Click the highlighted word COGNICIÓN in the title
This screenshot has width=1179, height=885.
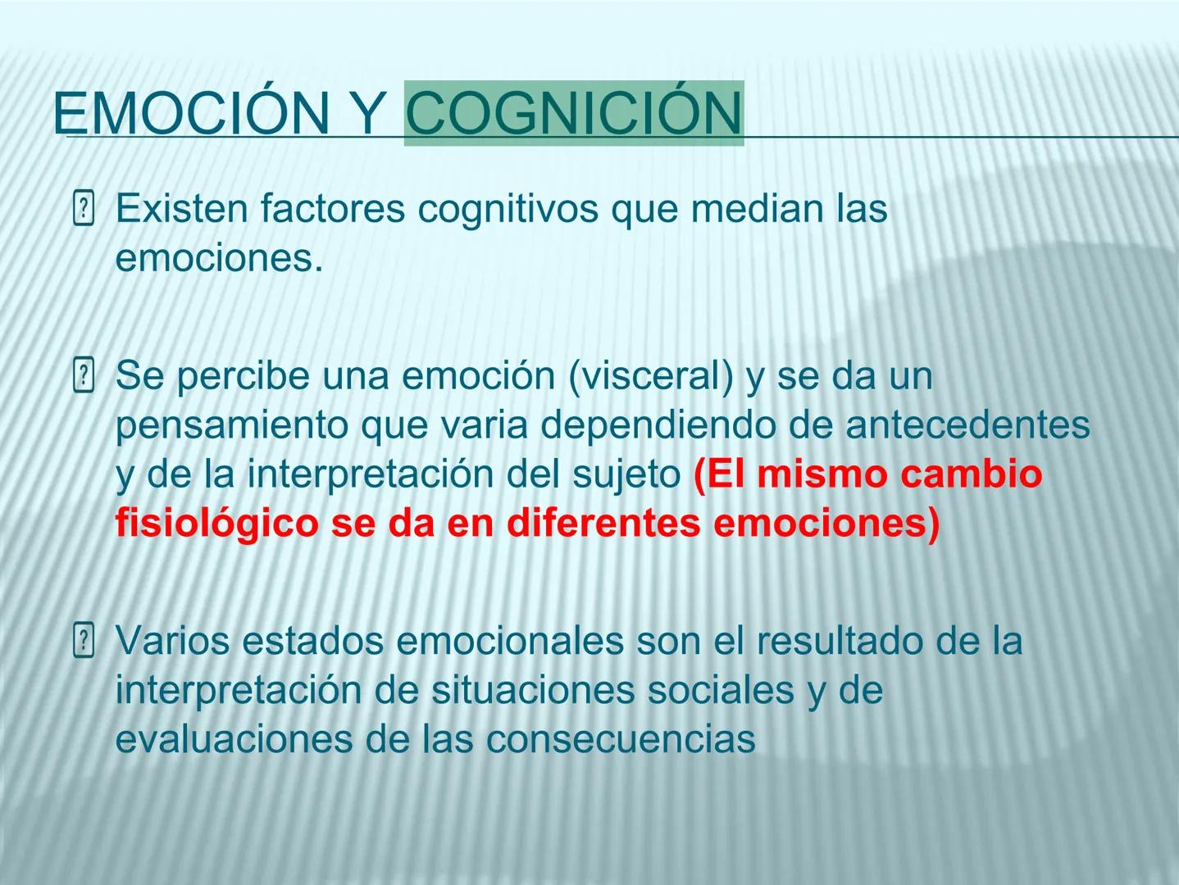point(574,113)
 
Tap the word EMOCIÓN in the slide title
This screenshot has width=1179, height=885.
point(190,113)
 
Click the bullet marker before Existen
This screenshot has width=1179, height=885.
point(84,208)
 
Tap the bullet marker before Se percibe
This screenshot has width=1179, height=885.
point(84,376)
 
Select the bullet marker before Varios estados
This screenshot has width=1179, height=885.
point(84,641)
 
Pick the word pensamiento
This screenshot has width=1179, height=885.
point(231,425)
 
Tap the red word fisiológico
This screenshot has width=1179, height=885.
point(216,524)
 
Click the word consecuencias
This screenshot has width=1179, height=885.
point(621,739)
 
